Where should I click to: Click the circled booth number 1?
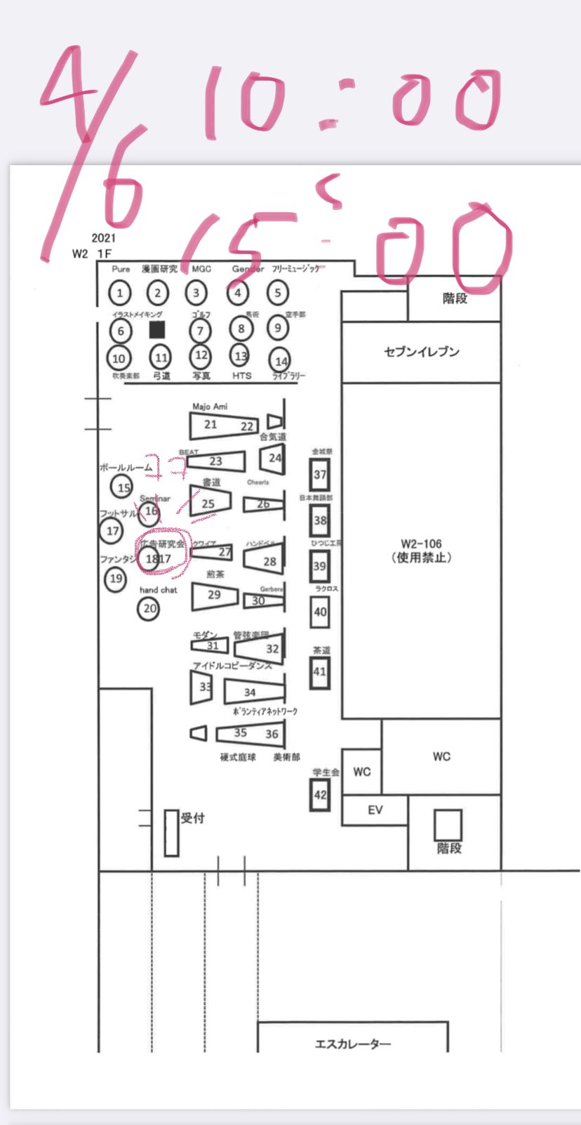tap(120, 293)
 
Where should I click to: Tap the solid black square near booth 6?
tap(157, 329)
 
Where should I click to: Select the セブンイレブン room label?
tap(421, 352)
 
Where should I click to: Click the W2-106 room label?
tap(421, 550)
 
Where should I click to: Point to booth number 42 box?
tap(320, 795)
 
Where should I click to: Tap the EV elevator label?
tap(375, 810)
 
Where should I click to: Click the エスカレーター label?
tap(352, 1044)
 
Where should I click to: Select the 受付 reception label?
tap(192, 817)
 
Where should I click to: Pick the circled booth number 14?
tap(281, 361)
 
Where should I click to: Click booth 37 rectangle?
tap(320, 475)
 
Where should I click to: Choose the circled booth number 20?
tap(149, 608)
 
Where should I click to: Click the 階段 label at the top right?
tap(455, 298)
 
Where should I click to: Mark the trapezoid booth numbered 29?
tap(214, 596)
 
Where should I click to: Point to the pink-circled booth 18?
tap(150, 559)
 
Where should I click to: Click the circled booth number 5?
tap(278, 293)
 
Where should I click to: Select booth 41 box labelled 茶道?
tap(319, 672)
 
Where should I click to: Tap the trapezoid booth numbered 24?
tap(273, 459)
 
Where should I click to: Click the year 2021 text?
tap(104, 239)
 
